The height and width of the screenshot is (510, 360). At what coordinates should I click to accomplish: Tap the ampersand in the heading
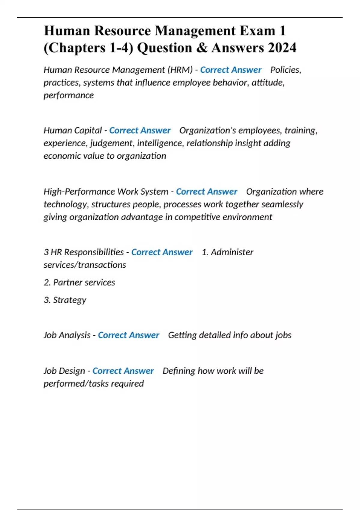click(x=202, y=48)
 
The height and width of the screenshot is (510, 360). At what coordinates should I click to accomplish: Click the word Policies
click(x=286, y=70)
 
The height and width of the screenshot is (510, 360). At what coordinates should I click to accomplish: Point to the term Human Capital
click(x=73, y=130)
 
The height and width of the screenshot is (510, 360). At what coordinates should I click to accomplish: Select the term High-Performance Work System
click(x=106, y=191)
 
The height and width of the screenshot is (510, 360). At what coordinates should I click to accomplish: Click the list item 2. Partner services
click(x=79, y=283)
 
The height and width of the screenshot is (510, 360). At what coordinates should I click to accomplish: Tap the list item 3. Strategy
click(x=65, y=300)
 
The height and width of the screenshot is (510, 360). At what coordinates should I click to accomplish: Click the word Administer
click(x=232, y=252)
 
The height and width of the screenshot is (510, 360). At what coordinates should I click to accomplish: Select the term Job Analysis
click(x=67, y=335)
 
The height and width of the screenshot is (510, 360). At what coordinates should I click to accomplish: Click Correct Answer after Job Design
click(x=123, y=371)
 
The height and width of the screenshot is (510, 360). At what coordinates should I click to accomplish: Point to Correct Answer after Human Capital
click(x=140, y=130)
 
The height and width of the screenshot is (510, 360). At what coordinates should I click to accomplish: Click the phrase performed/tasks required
click(x=94, y=384)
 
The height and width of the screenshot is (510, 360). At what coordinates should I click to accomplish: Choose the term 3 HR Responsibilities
click(x=84, y=252)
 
